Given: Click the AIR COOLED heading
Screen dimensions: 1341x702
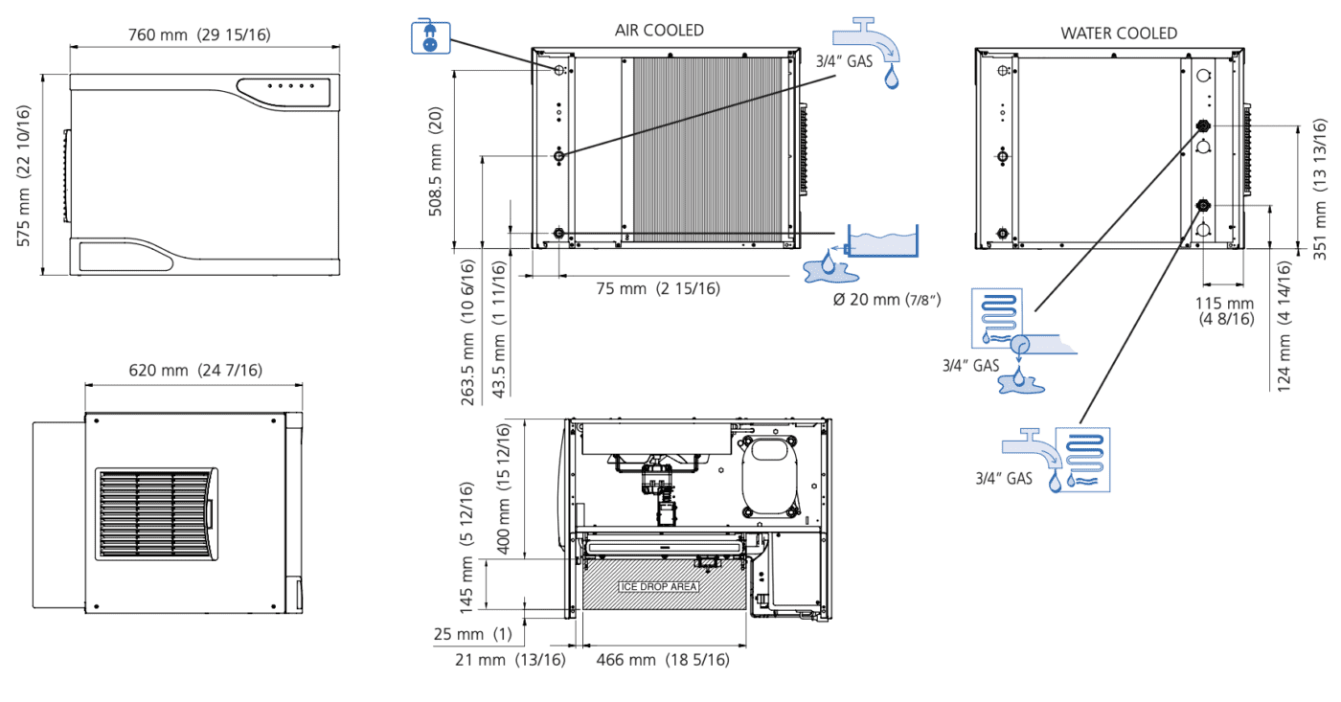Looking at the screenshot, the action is click(x=659, y=31).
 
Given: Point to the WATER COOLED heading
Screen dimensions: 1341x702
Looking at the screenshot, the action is click(x=1119, y=34).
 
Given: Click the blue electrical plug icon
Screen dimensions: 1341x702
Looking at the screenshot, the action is click(x=430, y=36).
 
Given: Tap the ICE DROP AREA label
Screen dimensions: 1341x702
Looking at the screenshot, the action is click(x=659, y=586).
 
